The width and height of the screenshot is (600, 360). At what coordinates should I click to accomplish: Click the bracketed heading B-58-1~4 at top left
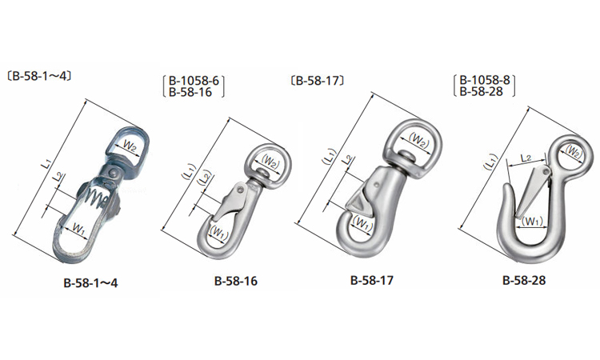click(39, 76)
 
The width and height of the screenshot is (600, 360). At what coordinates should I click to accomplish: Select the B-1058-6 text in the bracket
click(194, 81)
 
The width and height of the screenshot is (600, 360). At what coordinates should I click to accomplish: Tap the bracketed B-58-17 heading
click(318, 81)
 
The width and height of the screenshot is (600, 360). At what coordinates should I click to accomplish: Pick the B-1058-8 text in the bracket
click(485, 80)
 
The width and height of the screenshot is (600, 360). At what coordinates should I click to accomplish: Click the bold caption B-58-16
click(236, 281)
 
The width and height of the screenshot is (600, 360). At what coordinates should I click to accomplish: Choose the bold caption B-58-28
click(524, 281)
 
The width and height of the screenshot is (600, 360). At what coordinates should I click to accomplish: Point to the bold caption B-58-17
click(371, 281)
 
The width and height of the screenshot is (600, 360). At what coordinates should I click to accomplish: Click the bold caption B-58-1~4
click(90, 282)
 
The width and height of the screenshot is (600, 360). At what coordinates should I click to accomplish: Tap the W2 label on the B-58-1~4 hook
click(130, 146)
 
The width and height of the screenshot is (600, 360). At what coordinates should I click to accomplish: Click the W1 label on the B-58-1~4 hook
click(78, 229)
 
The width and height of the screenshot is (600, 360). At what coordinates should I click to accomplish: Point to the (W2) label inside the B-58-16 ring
click(270, 162)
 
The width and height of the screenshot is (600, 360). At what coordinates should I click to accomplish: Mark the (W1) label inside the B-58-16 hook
click(218, 233)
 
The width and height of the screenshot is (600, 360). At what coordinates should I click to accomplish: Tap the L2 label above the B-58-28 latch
click(526, 158)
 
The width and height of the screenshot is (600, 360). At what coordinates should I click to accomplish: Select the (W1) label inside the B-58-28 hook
click(531, 221)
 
